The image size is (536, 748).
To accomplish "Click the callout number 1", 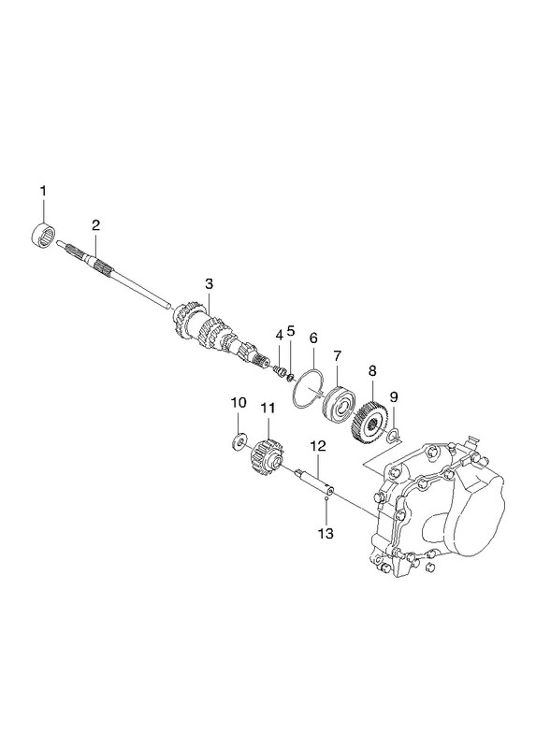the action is click(43, 192).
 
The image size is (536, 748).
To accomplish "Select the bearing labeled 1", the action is click(43, 235).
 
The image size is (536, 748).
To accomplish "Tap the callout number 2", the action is click(96, 225).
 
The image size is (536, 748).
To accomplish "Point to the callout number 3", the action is click(209, 284).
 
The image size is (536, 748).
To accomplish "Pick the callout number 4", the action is click(279, 336).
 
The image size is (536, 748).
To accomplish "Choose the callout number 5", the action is click(291, 331).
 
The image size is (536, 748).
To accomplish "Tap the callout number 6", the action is click(313, 338).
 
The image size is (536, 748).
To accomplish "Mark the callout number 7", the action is click(338, 356).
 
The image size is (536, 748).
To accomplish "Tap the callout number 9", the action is click(394, 396).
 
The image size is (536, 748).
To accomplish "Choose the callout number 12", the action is click(318, 447).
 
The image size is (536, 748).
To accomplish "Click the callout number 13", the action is click(326, 533).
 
